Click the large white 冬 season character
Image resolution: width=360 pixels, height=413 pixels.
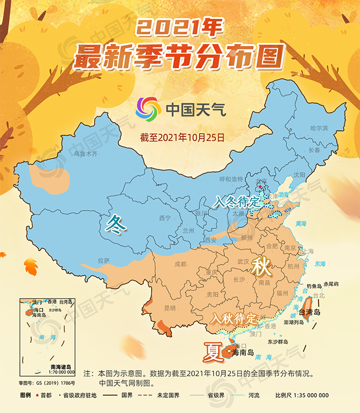115,224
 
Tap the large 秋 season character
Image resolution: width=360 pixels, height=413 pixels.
261,267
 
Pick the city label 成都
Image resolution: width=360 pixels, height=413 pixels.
181,264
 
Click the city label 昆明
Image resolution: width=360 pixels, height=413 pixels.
169,308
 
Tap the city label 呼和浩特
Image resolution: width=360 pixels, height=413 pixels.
231,179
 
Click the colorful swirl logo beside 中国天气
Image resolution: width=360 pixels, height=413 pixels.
148,108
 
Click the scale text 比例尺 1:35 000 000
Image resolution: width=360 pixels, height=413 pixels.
302,395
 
